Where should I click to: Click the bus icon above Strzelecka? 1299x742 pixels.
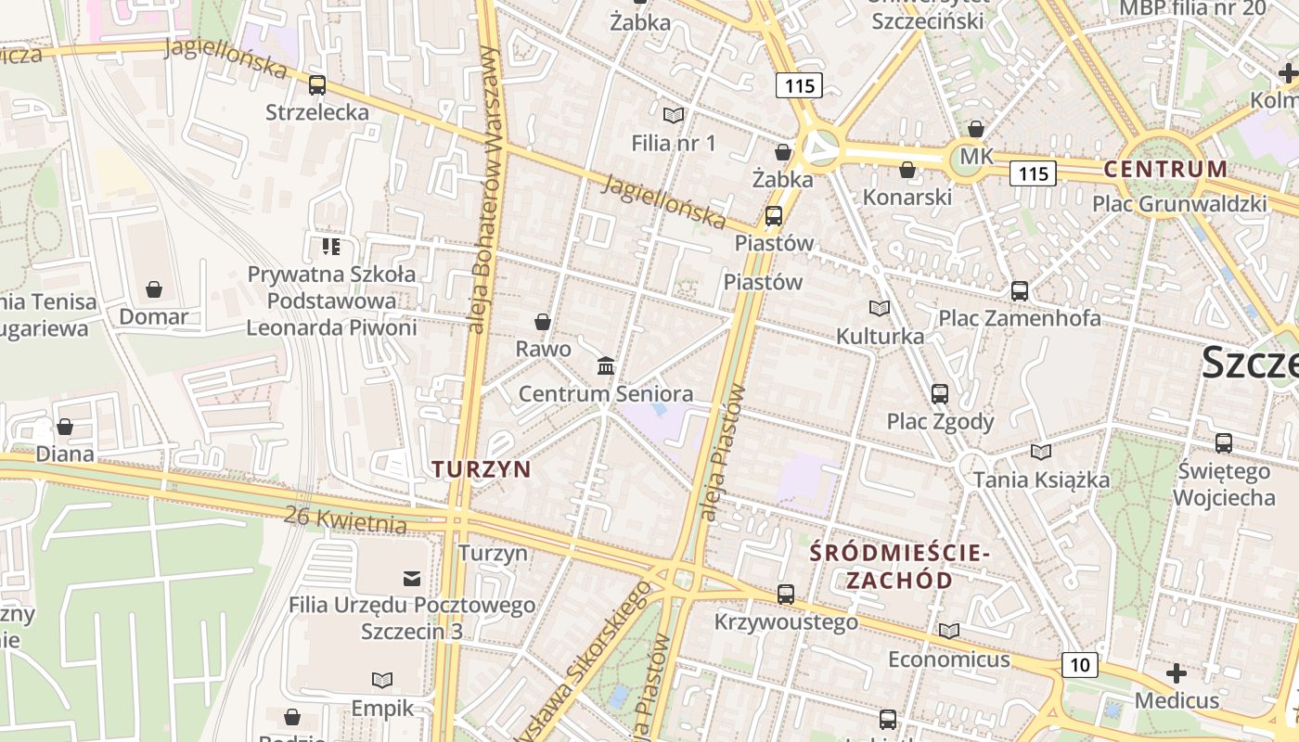tap(317, 85)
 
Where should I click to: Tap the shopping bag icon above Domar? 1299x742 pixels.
tap(154, 289)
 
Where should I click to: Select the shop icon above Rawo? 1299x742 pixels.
tap(543, 322)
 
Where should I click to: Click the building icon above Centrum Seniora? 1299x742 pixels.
tap(606, 365)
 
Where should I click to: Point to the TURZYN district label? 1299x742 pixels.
tap(482, 469)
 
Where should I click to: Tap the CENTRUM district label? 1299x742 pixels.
tap(1165, 169)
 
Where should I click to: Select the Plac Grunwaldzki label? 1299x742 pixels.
tap(1179, 203)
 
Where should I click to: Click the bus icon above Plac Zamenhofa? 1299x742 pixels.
tap(1020, 290)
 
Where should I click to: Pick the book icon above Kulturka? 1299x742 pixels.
tap(880, 308)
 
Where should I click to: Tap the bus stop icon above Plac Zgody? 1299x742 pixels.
tap(940, 394)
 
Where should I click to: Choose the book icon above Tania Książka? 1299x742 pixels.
tap(1041, 452)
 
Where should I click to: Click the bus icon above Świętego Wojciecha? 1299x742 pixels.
tap(1224, 443)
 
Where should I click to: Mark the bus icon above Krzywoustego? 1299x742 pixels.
tap(786, 594)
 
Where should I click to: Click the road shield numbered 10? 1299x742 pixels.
tap(1079, 664)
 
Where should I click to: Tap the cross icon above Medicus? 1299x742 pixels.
tap(1177, 672)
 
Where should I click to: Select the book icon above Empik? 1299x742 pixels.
tap(382, 680)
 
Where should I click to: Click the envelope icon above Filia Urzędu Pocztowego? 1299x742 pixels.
tap(412, 579)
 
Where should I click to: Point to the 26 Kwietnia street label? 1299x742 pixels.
tap(345, 520)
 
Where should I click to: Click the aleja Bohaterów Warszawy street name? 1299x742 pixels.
tap(484, 190)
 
